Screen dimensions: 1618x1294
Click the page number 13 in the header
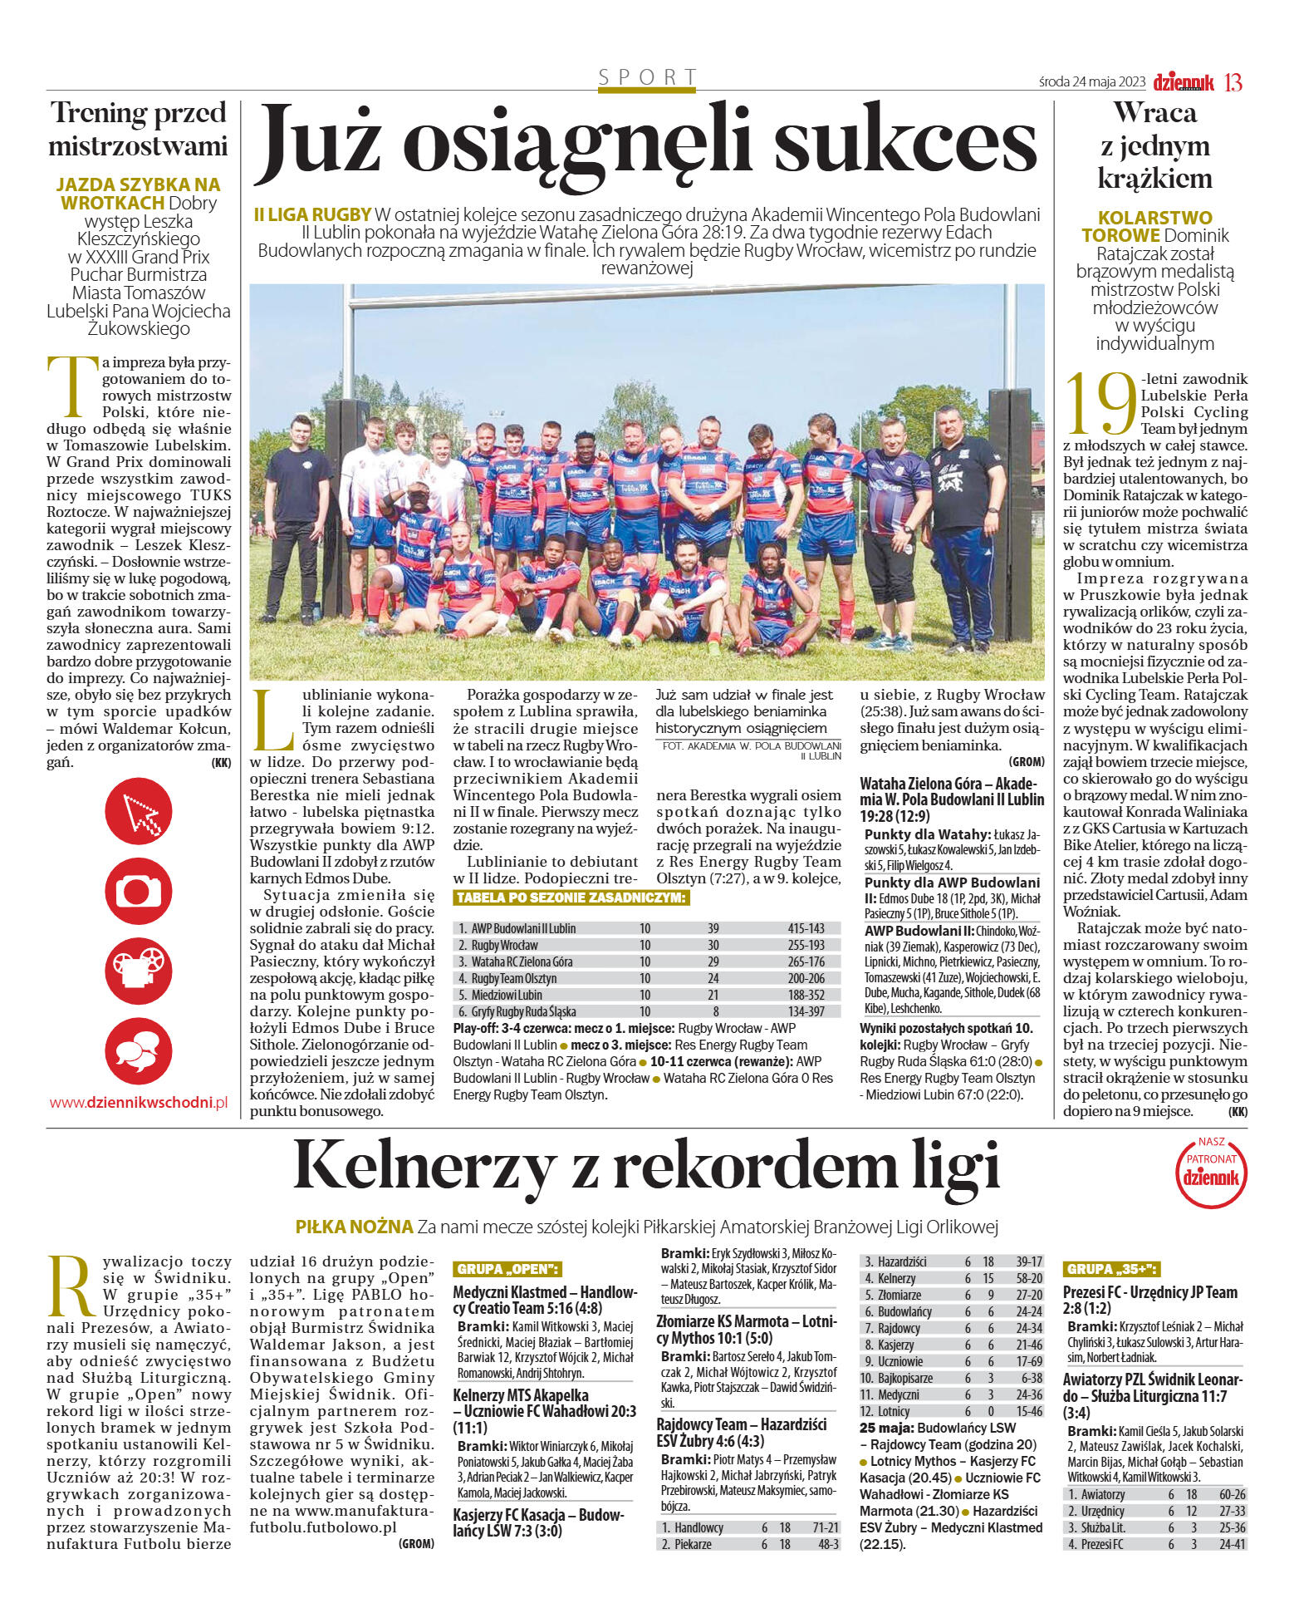pyautogui.click(x=1233, y=82)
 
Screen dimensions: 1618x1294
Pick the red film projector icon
pyautogui.click(x=139, y=970)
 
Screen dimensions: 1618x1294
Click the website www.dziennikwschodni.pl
pyautogui.click(x=139, y=1103)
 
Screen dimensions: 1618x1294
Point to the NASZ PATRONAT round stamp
pyautogui.click(x=1212, y=1172)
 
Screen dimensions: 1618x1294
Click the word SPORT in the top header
pyautogui.click(x=647, y=78)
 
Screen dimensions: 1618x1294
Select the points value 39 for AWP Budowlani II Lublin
pyautogui.click(x=713, y=928)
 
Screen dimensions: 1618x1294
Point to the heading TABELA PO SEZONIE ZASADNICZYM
pyautogui.click(x=571, y=898)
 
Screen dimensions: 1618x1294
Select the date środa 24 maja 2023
pyautogui.click(x=1092, y=82)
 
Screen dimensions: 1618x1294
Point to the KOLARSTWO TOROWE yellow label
pyautogui.click(x=1145, y=226)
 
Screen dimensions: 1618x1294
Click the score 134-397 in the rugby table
pyautogui.click(x=806, y=1011)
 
